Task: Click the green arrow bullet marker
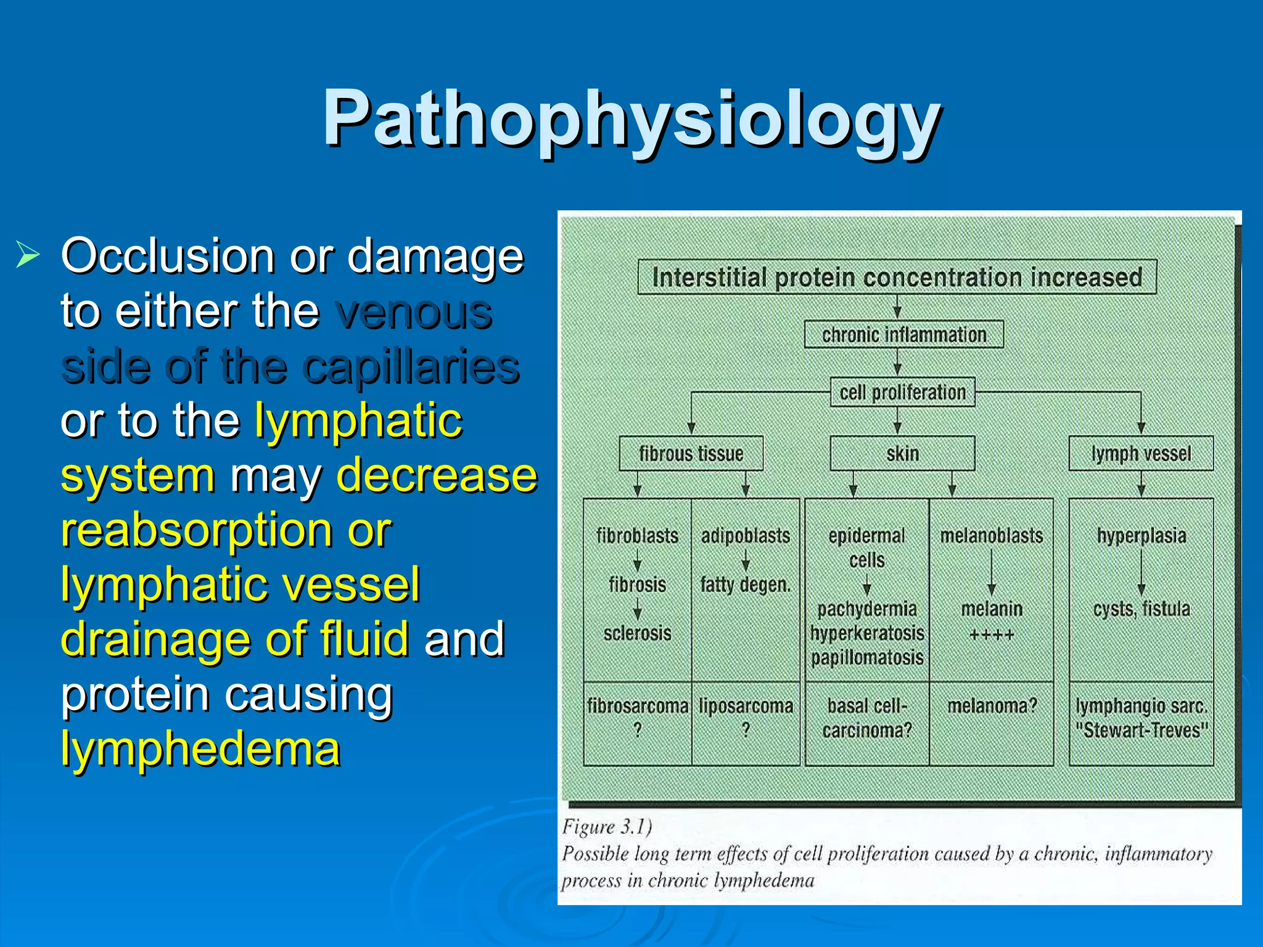point(28,255)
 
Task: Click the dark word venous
point(414,311)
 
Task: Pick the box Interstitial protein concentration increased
point(897,277)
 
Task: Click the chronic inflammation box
point(903,335)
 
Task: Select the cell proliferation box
point(902,392)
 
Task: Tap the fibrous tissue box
point(691,454)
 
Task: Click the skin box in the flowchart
point(902,454)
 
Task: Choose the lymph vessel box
point(1141,454)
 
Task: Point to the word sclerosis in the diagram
point(637,633)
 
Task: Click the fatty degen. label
point(745,584)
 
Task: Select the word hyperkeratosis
point(867,633)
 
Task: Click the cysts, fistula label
point(1141,609)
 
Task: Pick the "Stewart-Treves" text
point(1141,731)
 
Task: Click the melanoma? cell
point(992,706)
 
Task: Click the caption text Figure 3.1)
point(607,827)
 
